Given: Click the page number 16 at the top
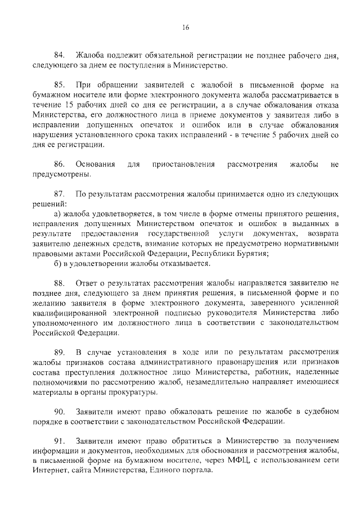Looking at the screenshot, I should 185,28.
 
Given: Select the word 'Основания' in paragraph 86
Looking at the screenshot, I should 96,164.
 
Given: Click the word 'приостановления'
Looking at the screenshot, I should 184,164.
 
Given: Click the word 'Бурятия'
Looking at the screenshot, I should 248,254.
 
